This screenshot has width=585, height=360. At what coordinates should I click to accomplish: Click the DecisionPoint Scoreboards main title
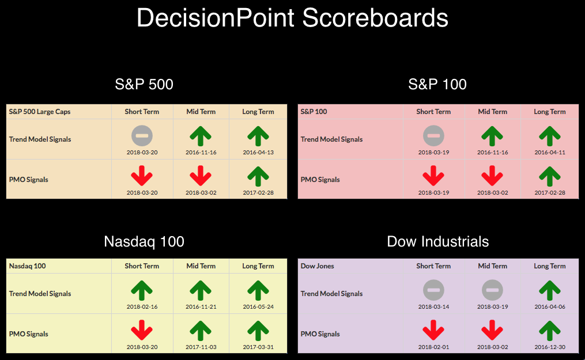(293, 18)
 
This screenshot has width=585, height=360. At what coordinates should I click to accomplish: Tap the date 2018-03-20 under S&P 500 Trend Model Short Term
(142, 153)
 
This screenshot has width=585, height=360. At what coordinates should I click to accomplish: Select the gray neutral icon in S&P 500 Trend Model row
(142, 136)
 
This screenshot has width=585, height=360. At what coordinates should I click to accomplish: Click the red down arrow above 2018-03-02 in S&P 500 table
(201, 176)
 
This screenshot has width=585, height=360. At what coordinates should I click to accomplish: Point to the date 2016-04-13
(258, 153)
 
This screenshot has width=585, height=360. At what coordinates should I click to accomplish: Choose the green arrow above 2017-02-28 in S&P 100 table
(550, 176)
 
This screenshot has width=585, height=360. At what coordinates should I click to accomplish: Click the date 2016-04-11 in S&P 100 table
(550, 153)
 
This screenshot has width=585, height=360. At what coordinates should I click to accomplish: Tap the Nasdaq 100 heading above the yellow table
(144, 241)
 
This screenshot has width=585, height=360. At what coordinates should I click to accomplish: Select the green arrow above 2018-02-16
(142, 290)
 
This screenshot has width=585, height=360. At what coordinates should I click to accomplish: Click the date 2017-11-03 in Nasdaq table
(201, 347)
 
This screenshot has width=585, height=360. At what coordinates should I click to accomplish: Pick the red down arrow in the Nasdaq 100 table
(142, 330)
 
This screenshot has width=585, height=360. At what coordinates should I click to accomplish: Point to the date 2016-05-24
(258, 306)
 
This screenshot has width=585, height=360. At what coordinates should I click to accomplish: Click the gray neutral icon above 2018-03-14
(433, 290)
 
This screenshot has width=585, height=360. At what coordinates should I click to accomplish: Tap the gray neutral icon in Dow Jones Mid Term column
(492, 290)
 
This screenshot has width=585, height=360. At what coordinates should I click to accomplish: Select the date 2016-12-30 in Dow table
(550, 347)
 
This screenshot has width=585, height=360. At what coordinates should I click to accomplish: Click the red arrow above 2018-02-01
(433, 330)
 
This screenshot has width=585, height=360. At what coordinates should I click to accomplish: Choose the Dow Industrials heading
(437, 241)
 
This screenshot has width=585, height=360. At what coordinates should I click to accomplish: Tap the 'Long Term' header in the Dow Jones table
(550, 266)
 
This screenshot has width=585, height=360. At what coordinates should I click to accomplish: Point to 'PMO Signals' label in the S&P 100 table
(320, 180)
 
